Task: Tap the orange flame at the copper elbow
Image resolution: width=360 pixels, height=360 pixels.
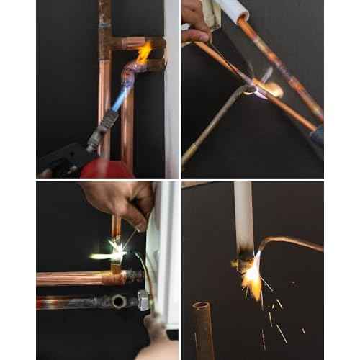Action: [x=144, y=52]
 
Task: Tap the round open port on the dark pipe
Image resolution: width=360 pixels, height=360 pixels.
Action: [x=117, y=301]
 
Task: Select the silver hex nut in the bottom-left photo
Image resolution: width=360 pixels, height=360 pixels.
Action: [x=143, y=301]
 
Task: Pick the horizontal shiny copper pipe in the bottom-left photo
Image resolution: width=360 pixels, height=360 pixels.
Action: [x=72, y=278]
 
